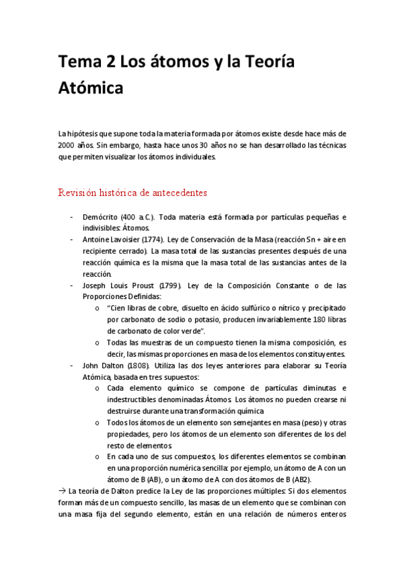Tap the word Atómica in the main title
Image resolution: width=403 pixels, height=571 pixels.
pyautogui.click(x=91, y=87)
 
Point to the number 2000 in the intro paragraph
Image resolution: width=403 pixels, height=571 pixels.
pyautogui.click(x=67, y=145)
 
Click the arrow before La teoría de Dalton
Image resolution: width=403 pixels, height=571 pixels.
pyautogui.click(x=63, y=491)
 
